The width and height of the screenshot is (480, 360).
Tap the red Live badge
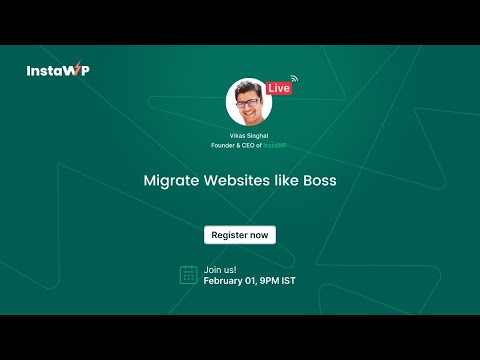pyautogui.click(x=279, y=88)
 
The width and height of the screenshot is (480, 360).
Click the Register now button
pyautogui.click(x=240, y=235)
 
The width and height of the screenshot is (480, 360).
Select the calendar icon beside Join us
pyautogui.click(x=188, y=275)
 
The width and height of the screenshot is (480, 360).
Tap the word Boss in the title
pyautogui.click(x=319, y=183)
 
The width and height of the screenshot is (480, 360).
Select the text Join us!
pyautogui.click(x=220, y=269)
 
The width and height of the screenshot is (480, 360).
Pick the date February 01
pyautogui.click(x=229, y=281)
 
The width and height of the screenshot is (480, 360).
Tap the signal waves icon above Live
pyautogui.click(x=294, y=76)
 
